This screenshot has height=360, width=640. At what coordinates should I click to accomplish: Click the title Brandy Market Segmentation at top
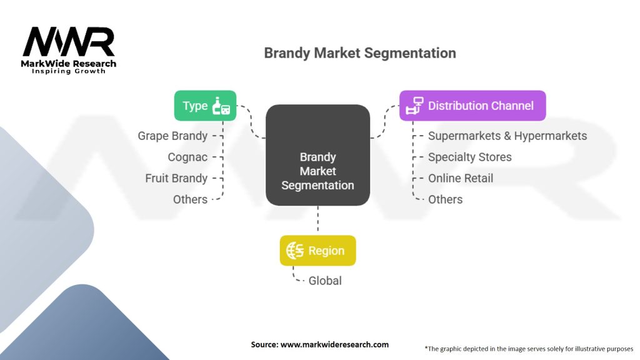click(x=359, y=52)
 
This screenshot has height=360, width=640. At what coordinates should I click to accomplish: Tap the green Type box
click(x=205, y=106)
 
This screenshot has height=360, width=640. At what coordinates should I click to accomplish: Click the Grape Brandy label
click(x=172, y=136)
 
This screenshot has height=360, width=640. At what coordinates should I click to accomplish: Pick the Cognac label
click(x=187, y=157)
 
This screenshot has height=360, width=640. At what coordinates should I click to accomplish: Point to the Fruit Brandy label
click(x=176, y=178)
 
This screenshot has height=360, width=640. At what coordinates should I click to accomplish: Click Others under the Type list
click(x=190, y=199)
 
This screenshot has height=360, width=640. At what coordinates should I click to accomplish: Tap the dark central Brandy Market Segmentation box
click(x=317, y=155)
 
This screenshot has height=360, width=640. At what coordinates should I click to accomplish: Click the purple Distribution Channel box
click(x=472, y=106)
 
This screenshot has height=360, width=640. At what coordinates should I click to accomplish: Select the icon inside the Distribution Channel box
click(x=414, y=106)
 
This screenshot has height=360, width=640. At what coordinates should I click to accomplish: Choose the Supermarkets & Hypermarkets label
click(x=507, y=136)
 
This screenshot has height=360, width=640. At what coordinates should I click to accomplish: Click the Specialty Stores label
click(x=469, y=157)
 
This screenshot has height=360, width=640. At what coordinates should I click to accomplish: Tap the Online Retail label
click(x=461, y=178)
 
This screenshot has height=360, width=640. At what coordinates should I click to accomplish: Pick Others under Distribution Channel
click(x=445, y=199)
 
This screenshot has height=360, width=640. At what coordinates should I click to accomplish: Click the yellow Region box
click(x=317, y=251)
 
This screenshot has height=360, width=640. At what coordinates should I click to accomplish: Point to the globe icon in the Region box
click(x=295, y=251)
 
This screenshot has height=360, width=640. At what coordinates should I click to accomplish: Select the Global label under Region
click(x=325, y=281)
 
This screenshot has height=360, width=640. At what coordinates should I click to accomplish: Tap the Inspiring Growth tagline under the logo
click(x=69, y=71)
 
